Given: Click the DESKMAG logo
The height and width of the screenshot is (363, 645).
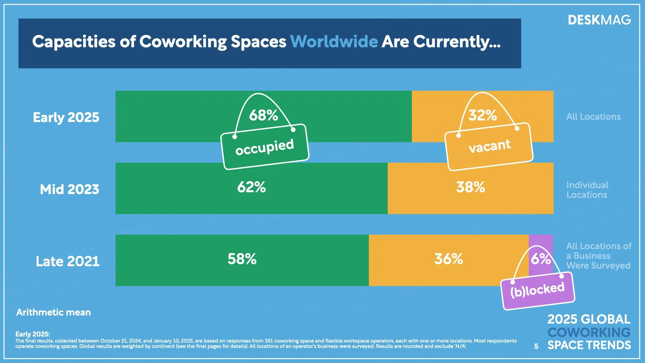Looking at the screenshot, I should tap(599, 20).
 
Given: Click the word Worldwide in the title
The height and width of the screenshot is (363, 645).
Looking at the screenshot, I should tap(334, 42).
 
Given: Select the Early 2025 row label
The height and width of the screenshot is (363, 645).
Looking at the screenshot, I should tap(66, 117).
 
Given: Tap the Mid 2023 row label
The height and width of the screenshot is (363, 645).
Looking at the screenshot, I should tap(70, 189).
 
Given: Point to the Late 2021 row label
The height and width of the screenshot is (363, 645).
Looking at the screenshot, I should tap(68, 261).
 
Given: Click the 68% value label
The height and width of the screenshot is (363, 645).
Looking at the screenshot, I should tap(263, 115).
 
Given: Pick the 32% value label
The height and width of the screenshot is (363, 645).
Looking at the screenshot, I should tap(482, 115).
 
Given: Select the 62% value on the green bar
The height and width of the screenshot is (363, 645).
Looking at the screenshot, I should tap(251, 187).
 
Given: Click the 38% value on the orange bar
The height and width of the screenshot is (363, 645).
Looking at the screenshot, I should tap(470, 187).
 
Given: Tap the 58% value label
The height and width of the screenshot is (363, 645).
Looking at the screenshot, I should tap(242, 259).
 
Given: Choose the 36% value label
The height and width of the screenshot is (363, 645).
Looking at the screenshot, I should tap(448, 259).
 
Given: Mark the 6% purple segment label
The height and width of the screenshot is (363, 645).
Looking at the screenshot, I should tap(541, 259).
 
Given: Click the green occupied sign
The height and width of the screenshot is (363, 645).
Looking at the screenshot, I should tap(265, 147).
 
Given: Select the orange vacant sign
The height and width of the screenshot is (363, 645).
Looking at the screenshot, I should tap(489, 147).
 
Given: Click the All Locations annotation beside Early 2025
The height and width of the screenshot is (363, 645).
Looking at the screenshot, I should tap(593, 117).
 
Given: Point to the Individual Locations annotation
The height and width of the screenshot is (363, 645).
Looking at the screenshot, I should tap(587, 190).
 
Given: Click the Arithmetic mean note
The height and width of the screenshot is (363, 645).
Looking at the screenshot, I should tap(53, 313).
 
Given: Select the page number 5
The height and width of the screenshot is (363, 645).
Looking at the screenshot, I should tap(536, 346).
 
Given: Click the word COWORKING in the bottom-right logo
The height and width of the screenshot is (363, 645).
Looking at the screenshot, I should tap(589, 332).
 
